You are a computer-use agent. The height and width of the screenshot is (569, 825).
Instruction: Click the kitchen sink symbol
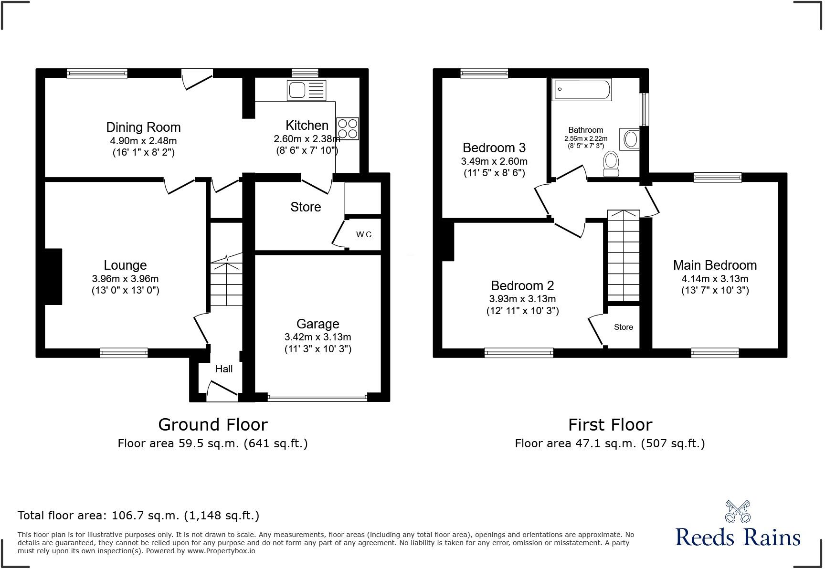point(306,90)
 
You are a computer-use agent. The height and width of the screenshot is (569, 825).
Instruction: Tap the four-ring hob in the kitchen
point(347,128)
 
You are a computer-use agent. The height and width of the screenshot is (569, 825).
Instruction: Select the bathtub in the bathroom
point(582,89)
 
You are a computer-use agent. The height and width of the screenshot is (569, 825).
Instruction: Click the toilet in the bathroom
point(611,163)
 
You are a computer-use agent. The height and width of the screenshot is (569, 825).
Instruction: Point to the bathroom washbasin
point(630,139)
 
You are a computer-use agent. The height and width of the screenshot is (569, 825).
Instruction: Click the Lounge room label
point(125,265)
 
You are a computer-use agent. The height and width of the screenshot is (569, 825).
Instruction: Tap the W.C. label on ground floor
point(364,234)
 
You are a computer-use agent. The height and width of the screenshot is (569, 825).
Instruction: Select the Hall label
point(224,369)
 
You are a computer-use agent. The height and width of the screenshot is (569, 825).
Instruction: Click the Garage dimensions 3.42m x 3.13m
point(317,337)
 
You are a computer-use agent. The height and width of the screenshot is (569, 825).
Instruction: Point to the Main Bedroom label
point(715,265)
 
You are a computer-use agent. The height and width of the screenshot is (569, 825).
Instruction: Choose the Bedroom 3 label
point(494,148)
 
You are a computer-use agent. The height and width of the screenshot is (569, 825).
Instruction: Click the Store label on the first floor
point(623,327)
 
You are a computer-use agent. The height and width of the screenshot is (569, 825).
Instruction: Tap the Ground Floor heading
point(212,424)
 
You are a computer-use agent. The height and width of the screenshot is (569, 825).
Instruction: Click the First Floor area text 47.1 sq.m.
point(610,443)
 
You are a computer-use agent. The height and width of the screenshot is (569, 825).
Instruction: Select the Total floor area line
point(138,516)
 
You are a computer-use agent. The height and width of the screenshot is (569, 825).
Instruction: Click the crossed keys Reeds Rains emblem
point(738,512)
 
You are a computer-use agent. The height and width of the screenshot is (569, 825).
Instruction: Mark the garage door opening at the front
point(317,397)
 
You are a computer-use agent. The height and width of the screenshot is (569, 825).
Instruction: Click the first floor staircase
point(623,255)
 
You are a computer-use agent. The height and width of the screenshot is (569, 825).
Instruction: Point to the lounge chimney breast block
point(53,276)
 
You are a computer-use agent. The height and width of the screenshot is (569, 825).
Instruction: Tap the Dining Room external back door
point(197,79)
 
